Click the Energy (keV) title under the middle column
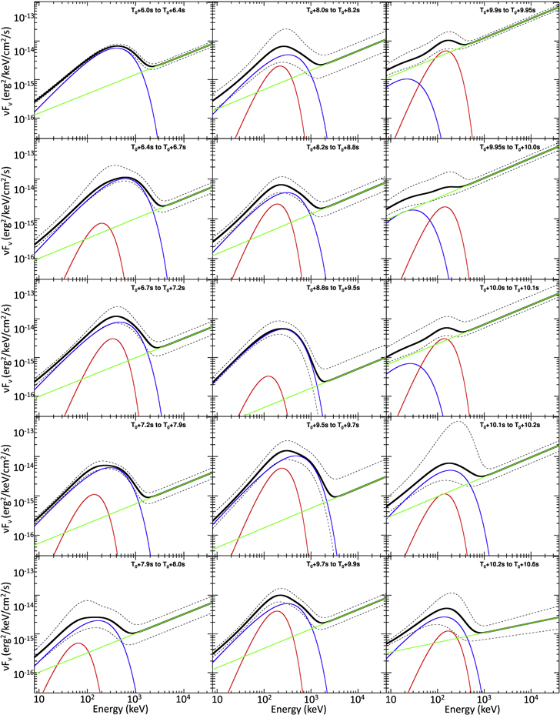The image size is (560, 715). [298, 707]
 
